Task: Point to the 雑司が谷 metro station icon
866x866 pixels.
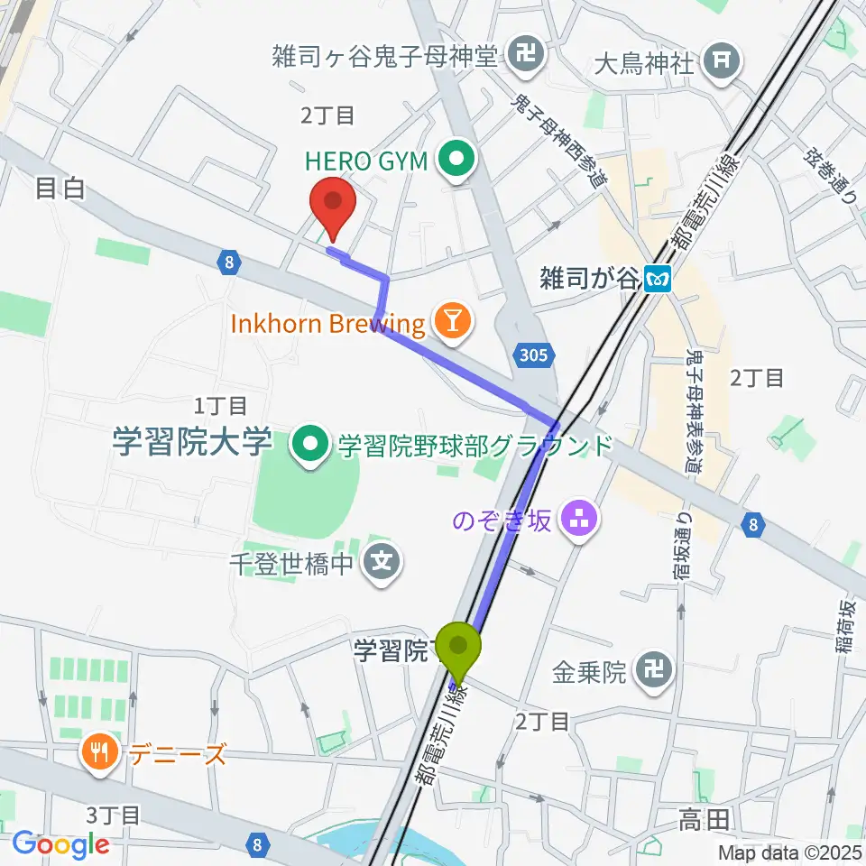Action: point(658,281)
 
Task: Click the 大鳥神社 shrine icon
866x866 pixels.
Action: point(723,61)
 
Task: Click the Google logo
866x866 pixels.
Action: point(60,844)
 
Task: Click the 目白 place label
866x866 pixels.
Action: point(60,188)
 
